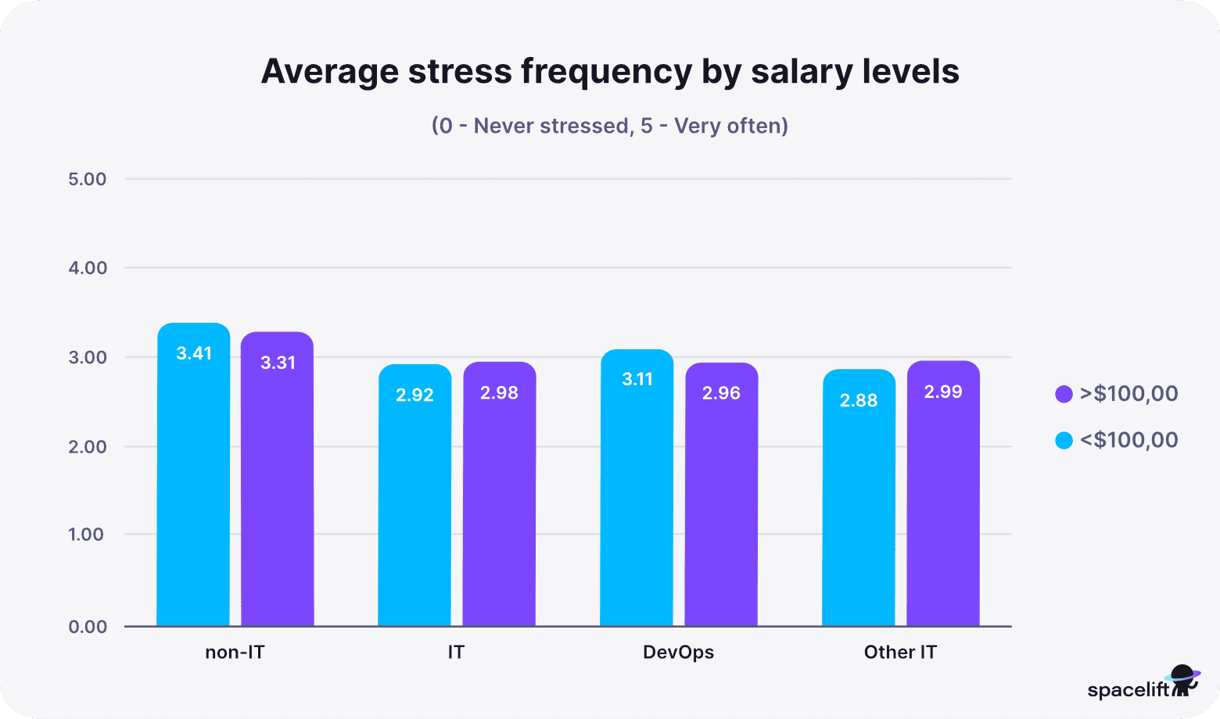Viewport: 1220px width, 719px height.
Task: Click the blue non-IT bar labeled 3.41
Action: [x=193, y=477]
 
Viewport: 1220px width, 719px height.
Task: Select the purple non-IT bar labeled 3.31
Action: [x=277, y=481]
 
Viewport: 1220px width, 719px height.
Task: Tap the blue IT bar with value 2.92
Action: [x=414, y=496]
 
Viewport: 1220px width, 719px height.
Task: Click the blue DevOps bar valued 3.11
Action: [x=637, y=488]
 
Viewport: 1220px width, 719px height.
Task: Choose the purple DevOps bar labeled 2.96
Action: [x=721, y=495]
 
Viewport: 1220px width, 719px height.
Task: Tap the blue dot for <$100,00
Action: [x=1064, y=441]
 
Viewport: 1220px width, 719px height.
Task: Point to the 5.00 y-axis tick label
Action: [x=88, y=179]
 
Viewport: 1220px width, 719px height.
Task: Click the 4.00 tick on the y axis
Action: [x=88, y=268]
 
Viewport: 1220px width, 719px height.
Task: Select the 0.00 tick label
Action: [x=88, y=627]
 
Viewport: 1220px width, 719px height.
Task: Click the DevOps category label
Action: [x=678, y=652]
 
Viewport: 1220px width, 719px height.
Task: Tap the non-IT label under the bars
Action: [x=235, y=652]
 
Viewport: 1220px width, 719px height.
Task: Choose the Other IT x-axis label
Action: [x=900, y=652]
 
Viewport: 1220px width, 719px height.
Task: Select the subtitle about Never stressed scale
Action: [x=609, y=126]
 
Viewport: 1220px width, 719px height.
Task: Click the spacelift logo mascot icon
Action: [x=1184, y=680]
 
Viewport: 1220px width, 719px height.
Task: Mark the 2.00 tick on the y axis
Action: [x=88, y=447]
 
